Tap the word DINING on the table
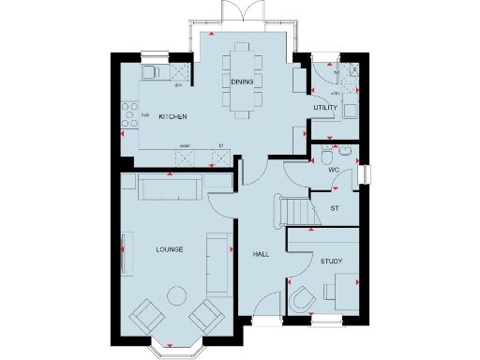coord(242,82)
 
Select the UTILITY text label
coord(325,109)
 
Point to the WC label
coord(333,170)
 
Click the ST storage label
coord(334,207)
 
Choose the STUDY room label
coord(331,261)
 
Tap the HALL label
coord(261,254)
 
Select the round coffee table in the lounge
coord(175,296)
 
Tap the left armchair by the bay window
coord(144,316)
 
